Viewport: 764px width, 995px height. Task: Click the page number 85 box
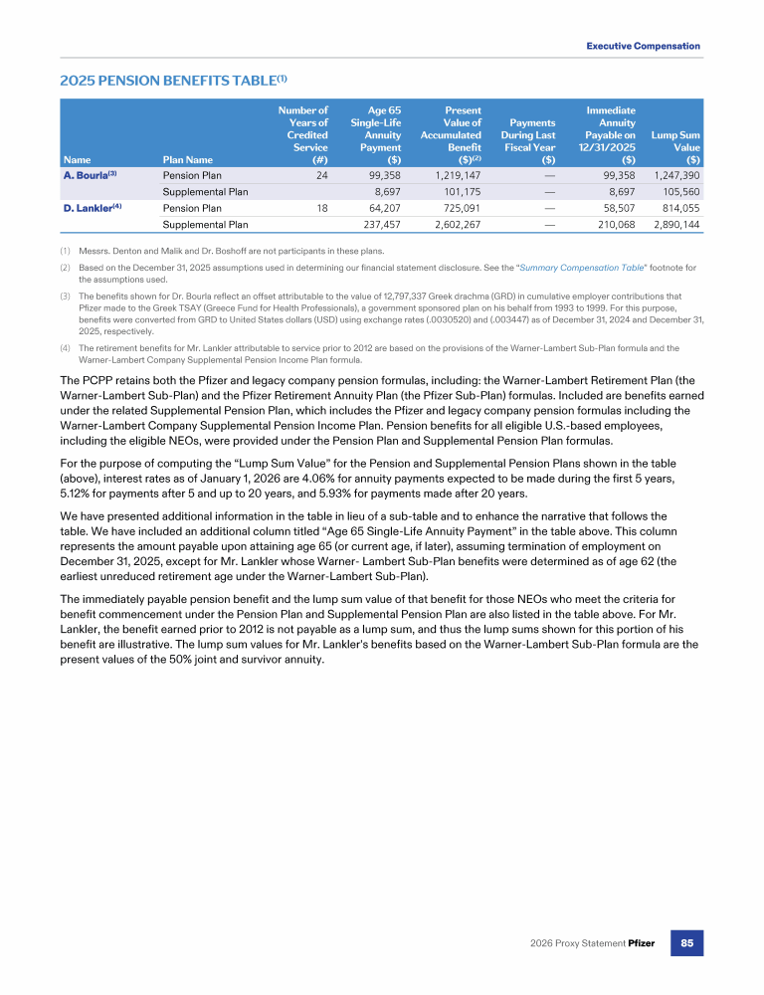coord(686,942)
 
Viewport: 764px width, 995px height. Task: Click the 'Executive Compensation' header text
coord(643,46)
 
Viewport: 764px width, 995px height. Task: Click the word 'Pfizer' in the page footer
coord(641,942)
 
